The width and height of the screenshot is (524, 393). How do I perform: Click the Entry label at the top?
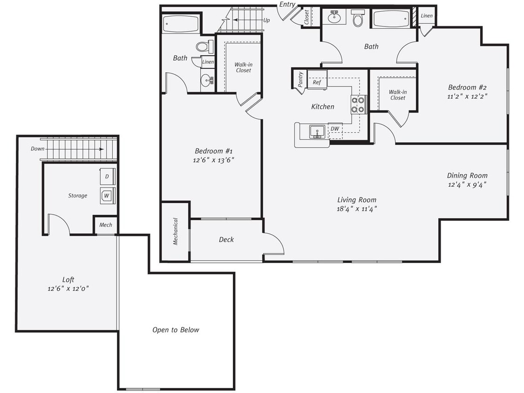pyautogui.click(x=287, y=4)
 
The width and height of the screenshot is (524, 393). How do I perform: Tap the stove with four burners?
pyautogui.click(x=359, y=105)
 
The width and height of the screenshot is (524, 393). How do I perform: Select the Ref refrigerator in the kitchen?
pyautogui.click(x=317, y=82)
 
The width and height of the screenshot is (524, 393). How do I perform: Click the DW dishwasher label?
pyautogui.click(x=334, y=129)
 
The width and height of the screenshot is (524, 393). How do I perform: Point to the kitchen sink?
pyautogui.click(x=319, y=131)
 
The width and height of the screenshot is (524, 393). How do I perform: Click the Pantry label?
pyautogui.click(x=301, y=80)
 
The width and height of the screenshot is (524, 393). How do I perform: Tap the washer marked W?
pyautogui.click(x=107, y=196)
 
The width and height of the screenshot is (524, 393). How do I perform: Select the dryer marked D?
pyautogui.click(x=107, y=177)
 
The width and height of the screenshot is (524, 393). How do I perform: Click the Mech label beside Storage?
pyautogui.click(x=106, y=225)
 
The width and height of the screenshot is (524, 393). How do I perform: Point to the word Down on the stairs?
pyautogui.click(x=38, y=149)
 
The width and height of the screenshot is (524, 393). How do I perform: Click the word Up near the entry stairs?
pyautogui.click(x=266, y=20)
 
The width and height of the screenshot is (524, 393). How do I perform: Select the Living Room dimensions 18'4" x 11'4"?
pyautogui.click(x=357, y=209)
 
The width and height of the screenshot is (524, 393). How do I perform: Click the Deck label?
pyautogui.click(x=226, y=239)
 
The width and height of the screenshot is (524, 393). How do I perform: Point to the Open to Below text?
pyautogui.click(x=176, y=330)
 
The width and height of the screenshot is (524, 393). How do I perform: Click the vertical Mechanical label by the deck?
pyautogui.click(x=176, y=231)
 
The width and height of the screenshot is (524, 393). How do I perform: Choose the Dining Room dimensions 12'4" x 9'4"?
pyautogui.click(x=467, y=184)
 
